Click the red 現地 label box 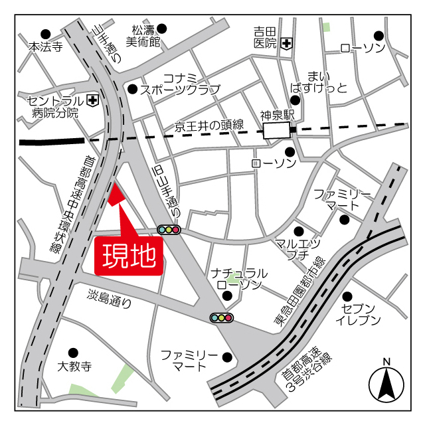point(129,254)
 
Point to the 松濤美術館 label point(145,36)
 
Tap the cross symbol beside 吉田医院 point(287,44)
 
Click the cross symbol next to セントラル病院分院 point(92,100)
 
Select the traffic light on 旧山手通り point(169,230)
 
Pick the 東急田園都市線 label point(300,293)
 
